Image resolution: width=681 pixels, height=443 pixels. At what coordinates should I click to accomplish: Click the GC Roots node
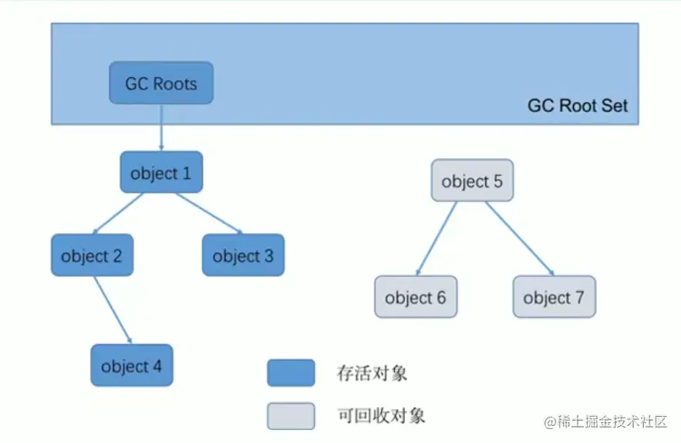pos(161,83)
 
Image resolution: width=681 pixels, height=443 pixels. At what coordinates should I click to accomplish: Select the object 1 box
pos(161,173)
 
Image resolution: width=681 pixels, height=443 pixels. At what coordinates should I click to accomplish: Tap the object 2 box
pos(92,255)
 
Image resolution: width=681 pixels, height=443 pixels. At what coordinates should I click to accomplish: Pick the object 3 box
pos(243,255)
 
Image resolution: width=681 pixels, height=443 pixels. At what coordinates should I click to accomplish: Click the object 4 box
pos(132,366)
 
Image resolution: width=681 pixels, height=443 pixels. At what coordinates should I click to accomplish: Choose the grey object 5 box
pos(472,181)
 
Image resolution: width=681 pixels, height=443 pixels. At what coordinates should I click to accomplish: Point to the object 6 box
pos(416,297)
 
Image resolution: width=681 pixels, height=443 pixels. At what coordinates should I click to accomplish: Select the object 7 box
pos(554,297)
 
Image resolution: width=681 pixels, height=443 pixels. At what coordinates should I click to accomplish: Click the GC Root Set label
pos(577,106)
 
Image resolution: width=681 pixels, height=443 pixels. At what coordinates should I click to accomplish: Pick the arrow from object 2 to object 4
pos(113,310)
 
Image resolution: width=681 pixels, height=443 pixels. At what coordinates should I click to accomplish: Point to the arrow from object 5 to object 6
pos(436,238)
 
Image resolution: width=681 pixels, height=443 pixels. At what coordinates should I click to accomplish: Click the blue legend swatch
pos(291,373)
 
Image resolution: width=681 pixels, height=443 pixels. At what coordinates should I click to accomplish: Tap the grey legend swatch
pos(291,416)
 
